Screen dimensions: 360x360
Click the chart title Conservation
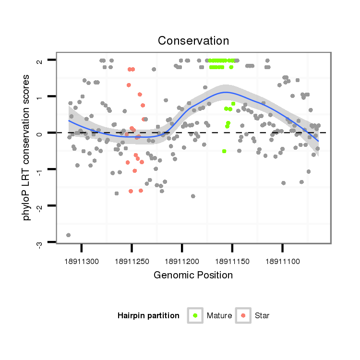point(193,40)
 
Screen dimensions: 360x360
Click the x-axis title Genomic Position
point(193,275)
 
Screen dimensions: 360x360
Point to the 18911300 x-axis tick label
point(82,261)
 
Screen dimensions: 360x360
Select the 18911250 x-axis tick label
point(132,261)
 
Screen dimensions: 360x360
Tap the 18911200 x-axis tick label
point(182,261)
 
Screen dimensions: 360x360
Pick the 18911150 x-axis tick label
point(232,261)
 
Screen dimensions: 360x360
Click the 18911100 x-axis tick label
point(282,261)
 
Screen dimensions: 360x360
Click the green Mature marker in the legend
point(195,315)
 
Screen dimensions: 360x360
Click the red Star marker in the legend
point(243,315)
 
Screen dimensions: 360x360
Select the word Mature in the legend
point(219,316)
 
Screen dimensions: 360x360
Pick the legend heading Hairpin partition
point(148,316)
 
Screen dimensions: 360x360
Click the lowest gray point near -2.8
point(68,235)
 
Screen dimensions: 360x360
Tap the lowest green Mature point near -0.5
point(224,151)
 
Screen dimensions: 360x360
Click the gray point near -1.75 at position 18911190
point(193,196)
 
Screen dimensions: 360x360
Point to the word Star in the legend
point(263,316)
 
